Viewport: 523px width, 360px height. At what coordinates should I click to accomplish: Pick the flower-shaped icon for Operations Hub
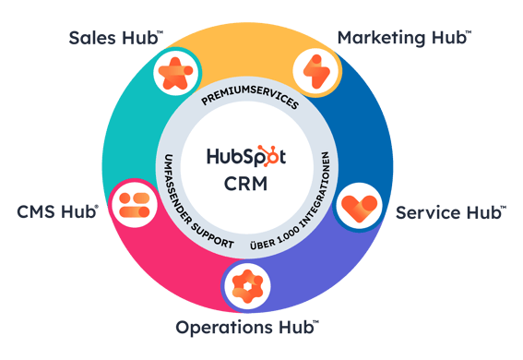(246, 286)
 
